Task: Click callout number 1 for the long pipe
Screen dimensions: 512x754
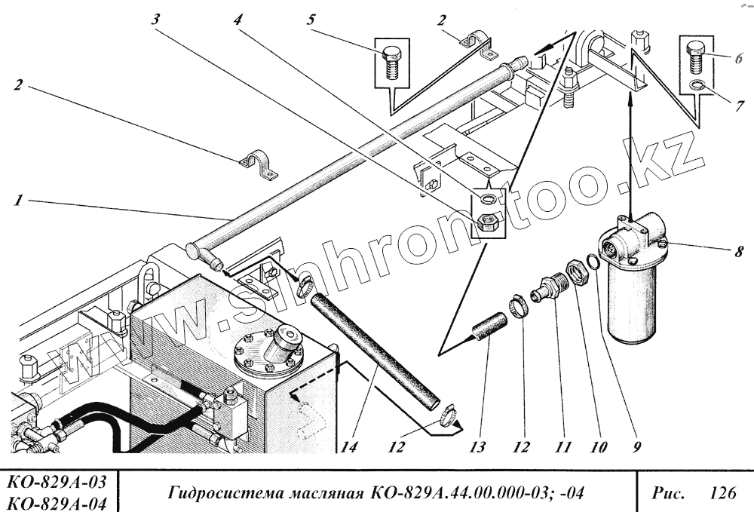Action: pyautogui.click(x=16, y=201)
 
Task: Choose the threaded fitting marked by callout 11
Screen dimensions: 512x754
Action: pyautogui.click(x=547, y=290)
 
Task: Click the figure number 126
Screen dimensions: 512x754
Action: pyautogui.click(x=722, y=493)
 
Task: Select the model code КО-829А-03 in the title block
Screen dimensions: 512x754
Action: pyautogui.click(x=57, y=482)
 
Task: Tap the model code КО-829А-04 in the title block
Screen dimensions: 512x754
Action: pyautogui.click(x=57, y=501)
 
